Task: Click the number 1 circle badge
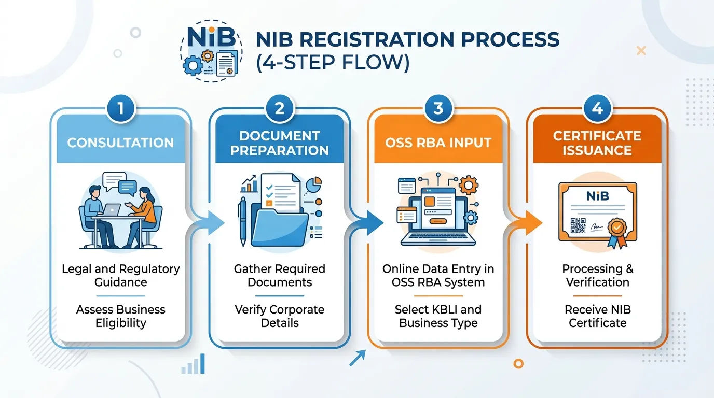coord(121,109)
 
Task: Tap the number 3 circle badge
coord(438,109)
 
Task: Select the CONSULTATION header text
coord(120,143)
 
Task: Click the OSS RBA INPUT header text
coord(438,143)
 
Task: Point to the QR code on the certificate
coord(578,225)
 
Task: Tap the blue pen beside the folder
coord(242,221)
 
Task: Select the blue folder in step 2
coord(279,226)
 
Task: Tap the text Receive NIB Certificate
coord(598,316)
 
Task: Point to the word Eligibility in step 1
coord(121,323)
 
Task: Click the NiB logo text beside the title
coord(211,37)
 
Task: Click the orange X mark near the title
coord(641,51)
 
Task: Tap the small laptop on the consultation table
coord(112,210)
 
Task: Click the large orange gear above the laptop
coord(468,185)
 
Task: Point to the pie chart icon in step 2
coord(314,184)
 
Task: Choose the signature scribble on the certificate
coord(597,227)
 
